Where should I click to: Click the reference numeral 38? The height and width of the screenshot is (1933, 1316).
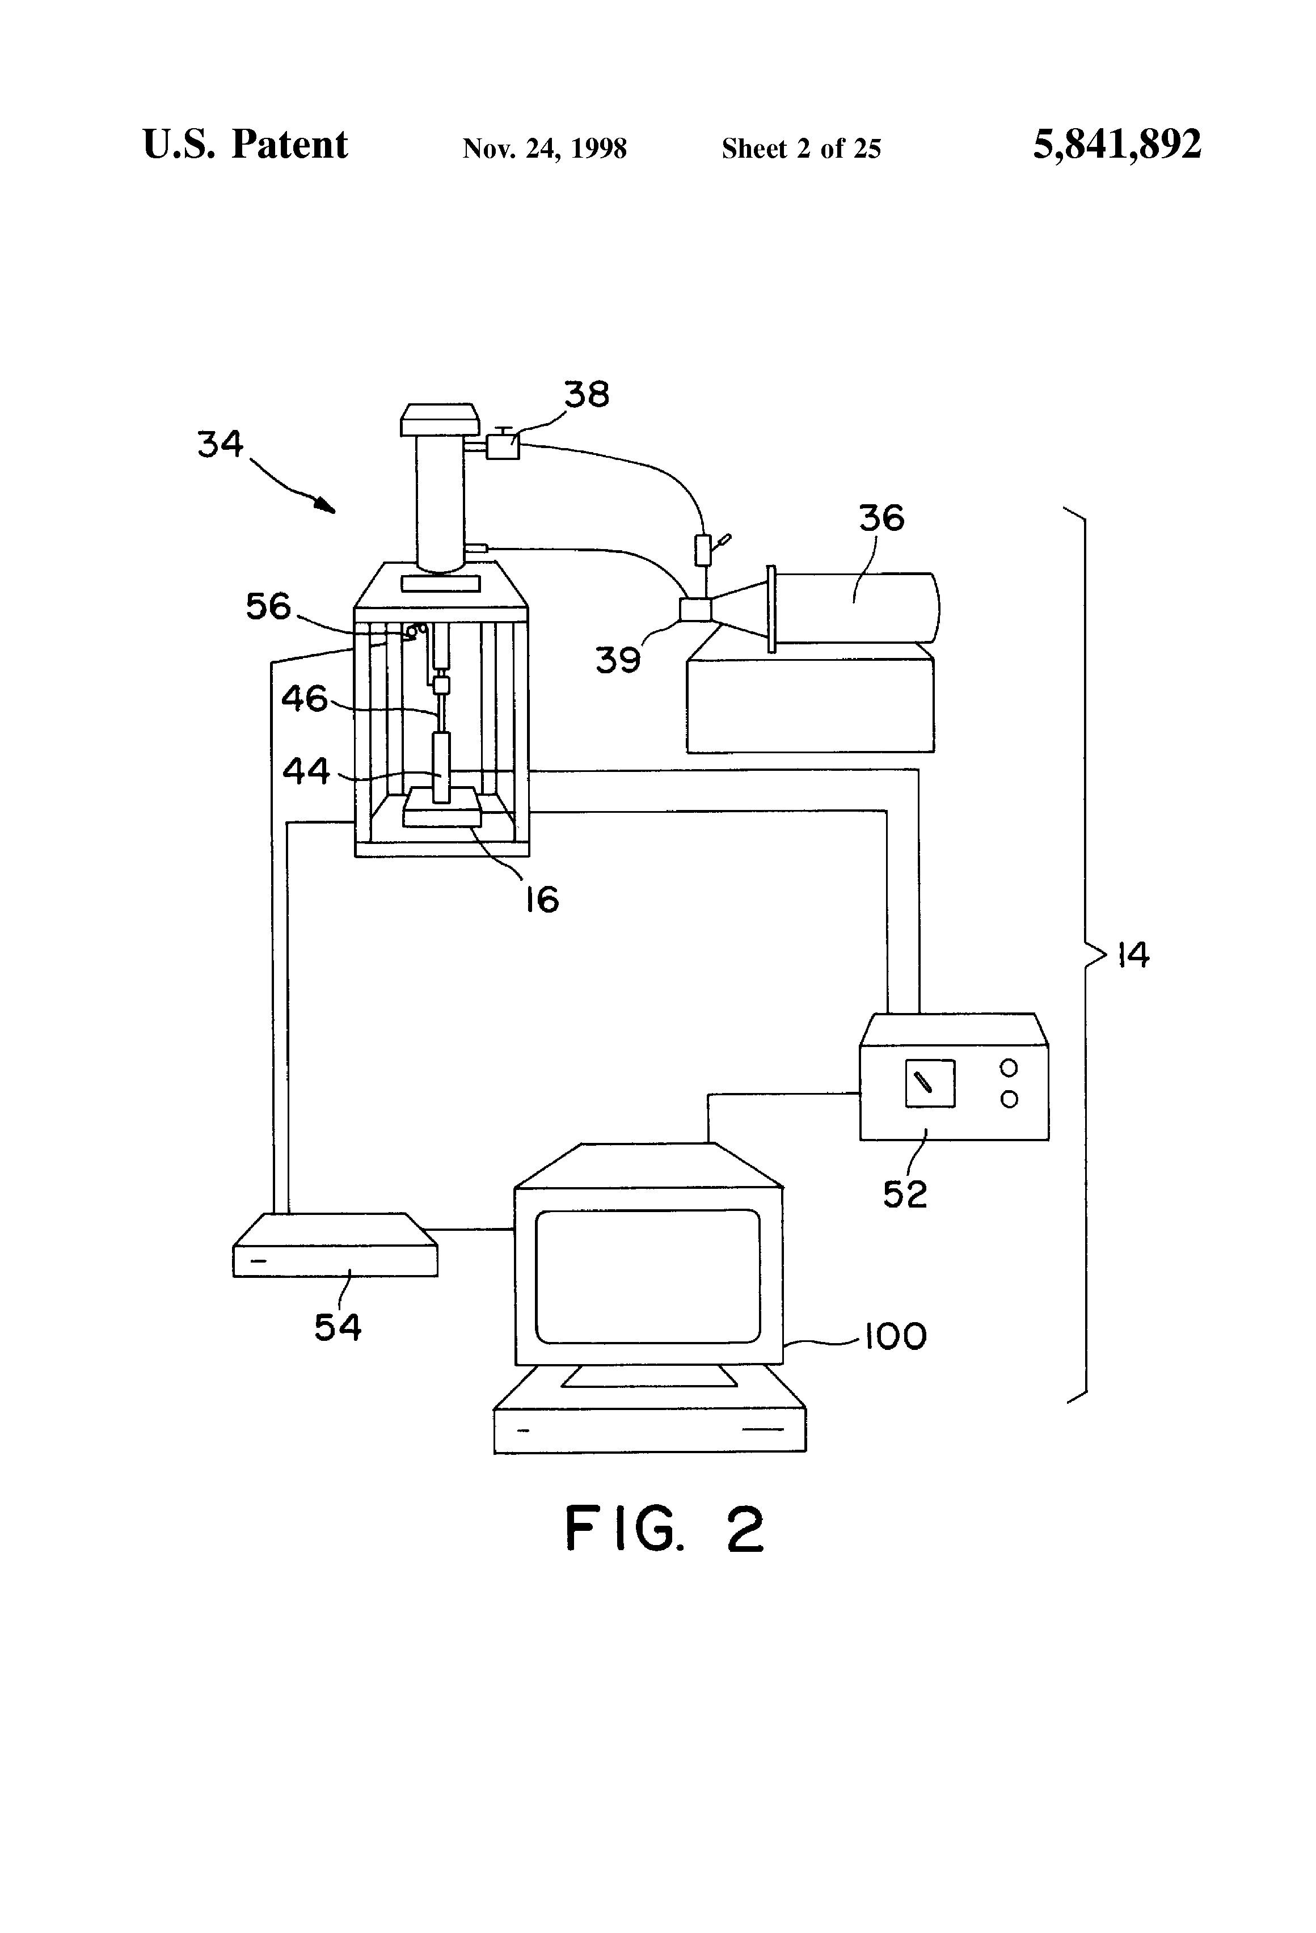tap(587, 394)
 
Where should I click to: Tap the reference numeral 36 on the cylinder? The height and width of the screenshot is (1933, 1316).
tap(881, 518)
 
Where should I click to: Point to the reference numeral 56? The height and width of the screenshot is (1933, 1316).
tap(268, 606)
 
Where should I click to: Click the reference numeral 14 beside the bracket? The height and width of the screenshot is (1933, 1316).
tap(1132, 955)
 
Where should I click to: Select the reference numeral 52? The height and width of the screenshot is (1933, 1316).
tap(904, 1195)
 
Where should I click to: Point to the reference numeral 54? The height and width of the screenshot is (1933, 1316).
tap(337, 1327)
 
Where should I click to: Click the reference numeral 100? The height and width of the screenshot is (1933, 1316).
tap(895, 1337)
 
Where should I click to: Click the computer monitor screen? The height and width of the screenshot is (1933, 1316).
tap(647, 1276)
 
